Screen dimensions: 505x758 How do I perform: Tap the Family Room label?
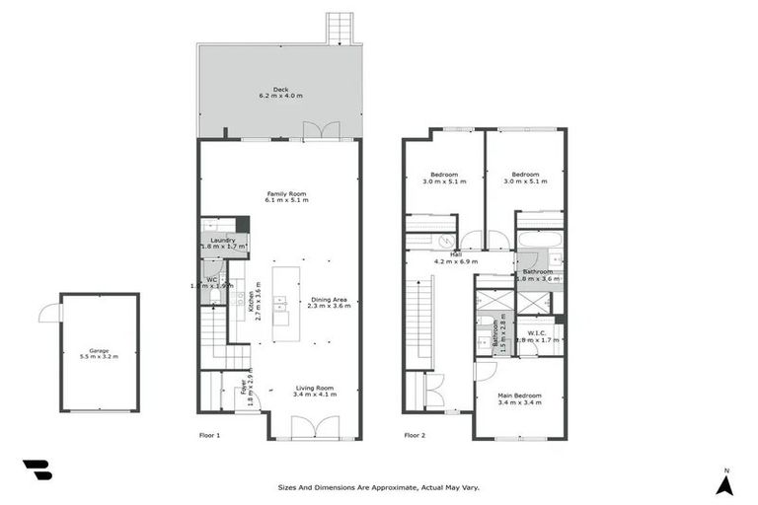pyautogui.click(x=286, y=196)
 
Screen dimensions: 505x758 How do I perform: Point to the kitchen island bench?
pyautogui.click(x=281, y=296)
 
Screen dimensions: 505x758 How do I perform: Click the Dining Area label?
pyautogui.click(x=330, y=302)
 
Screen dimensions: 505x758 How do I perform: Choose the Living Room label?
pyautogui.click(x=315, y=391)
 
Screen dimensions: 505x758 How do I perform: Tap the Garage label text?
pyautogui.click(x=99, y=352)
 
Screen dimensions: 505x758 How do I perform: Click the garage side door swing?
pyautogui.click(x=48, y=313)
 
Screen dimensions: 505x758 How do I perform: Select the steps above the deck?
pyautogui.click(x=340, y=28)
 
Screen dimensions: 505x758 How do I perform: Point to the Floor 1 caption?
pyautogui.click(x=209, y=434)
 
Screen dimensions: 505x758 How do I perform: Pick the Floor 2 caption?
pyautogui.click(x=415, y=434)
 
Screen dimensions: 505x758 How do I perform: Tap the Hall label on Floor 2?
pyautogui.click(x=456, y=256)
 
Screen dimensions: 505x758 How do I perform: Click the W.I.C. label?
pyautogui.click(x=538, y=335)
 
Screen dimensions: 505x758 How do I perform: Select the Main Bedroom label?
pyautogui.click(x=520, y=398)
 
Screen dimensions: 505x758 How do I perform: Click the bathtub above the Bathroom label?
pyautogui.click(x=539, y=240)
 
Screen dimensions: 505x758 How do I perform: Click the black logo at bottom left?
pyautogui.click(x=37, y=470)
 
